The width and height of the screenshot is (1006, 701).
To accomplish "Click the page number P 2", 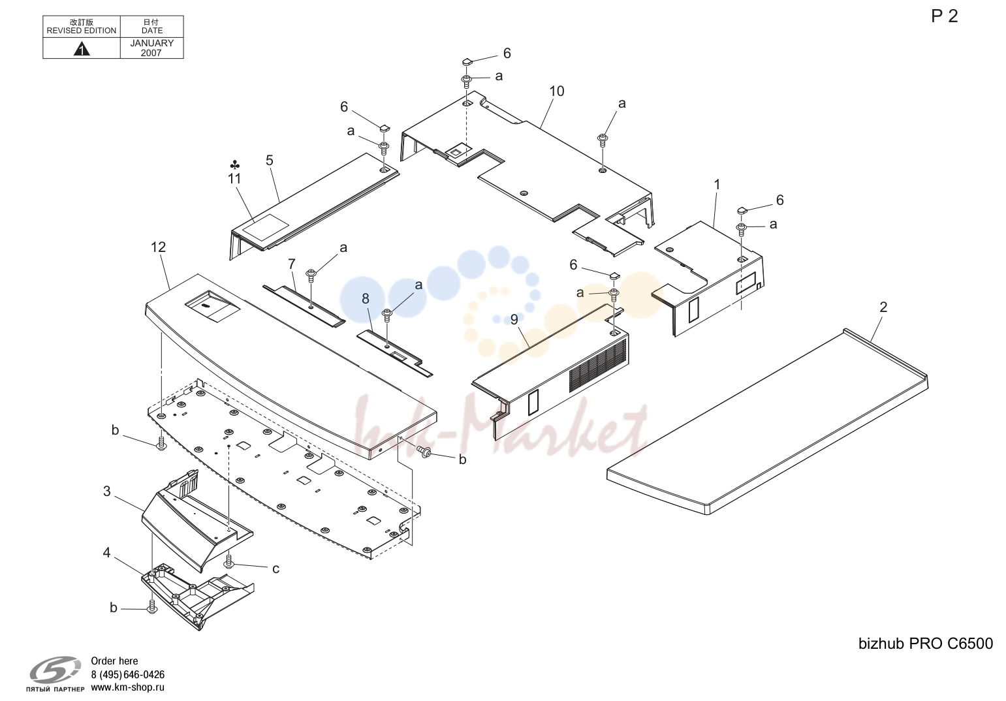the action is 945,16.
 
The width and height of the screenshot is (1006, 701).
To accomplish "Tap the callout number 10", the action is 556,91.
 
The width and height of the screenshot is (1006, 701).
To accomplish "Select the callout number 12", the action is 158,247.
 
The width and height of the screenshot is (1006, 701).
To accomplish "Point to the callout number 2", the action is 883,307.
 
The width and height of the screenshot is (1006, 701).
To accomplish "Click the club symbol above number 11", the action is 234,165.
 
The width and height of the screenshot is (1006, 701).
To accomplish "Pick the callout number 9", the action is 514,319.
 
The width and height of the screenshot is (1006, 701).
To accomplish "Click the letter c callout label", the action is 275,569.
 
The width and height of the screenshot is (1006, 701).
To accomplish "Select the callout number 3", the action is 107,491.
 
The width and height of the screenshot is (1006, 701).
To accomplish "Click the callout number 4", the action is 106,552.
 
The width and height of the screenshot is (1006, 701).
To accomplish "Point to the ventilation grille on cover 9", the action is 598,365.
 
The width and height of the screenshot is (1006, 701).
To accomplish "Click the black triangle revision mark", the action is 82,48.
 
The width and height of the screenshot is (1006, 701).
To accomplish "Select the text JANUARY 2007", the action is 152,48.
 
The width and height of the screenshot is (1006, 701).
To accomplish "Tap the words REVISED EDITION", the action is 82,31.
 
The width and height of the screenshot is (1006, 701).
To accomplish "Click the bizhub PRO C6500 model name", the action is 926,644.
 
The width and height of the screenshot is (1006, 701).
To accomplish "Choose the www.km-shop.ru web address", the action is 127,687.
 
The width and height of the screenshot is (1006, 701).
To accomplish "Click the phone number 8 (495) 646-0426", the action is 127,674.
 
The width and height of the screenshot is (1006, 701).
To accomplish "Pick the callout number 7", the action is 291,264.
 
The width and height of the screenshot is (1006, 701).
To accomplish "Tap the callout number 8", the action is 365,299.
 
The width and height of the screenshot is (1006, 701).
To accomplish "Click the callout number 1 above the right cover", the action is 717,185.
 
